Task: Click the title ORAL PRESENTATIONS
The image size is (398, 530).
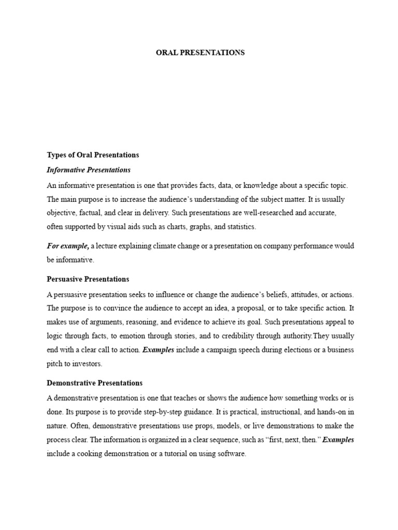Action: click(x=200, y=53)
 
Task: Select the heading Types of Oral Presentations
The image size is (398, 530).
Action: click(x=93, y=155)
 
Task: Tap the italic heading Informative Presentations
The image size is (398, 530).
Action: click(x=89, y=170)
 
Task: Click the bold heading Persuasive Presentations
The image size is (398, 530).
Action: click(x=88, y=279)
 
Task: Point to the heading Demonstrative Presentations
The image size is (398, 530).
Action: click(x=94, y=383)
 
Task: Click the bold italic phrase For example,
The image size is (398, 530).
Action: click(x=68, y=245)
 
